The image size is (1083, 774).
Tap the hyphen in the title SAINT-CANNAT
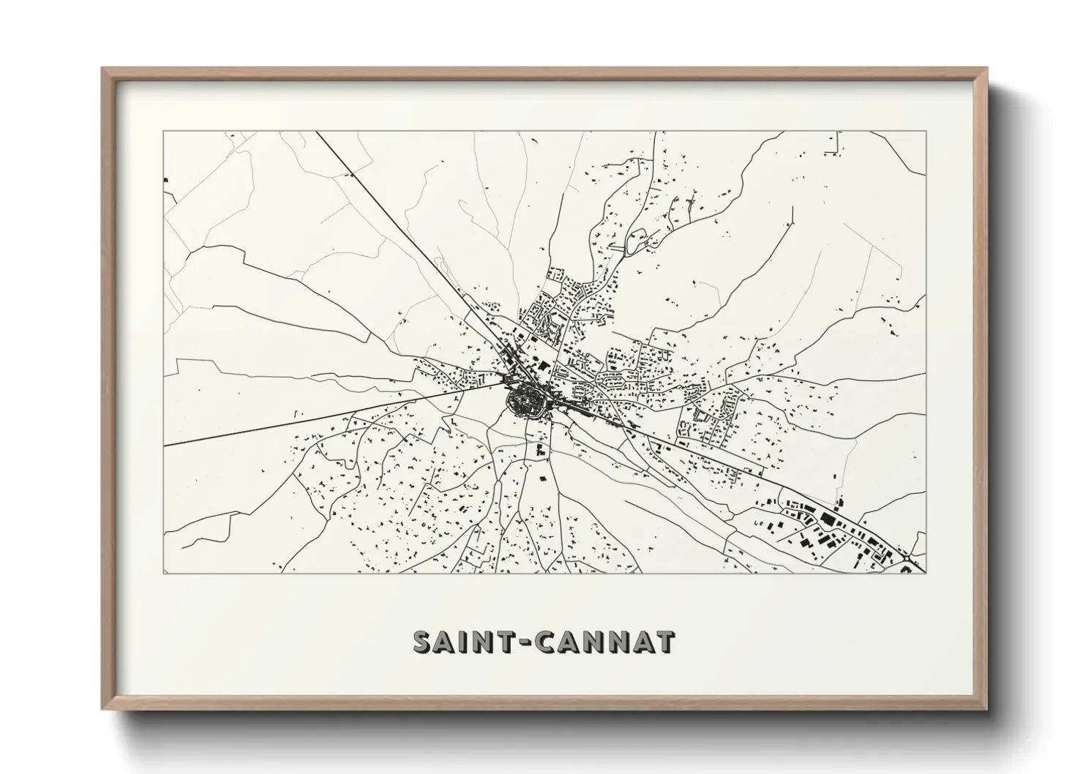(x=525, y=642)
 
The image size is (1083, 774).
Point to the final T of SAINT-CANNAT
(x=664, y=642)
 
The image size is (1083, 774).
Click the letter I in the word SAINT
(x=468, y=642)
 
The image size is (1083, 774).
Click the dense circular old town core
(x=526, y=400)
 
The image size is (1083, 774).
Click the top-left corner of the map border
(x=164, y=132)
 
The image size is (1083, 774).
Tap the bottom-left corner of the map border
(x=164, y=573)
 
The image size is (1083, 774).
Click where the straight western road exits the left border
(x=165, y=445)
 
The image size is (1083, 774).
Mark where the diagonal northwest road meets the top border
(x=315, y=132)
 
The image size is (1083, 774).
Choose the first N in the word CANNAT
(x=593, y=642)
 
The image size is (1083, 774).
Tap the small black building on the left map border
(x=166, y=179)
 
